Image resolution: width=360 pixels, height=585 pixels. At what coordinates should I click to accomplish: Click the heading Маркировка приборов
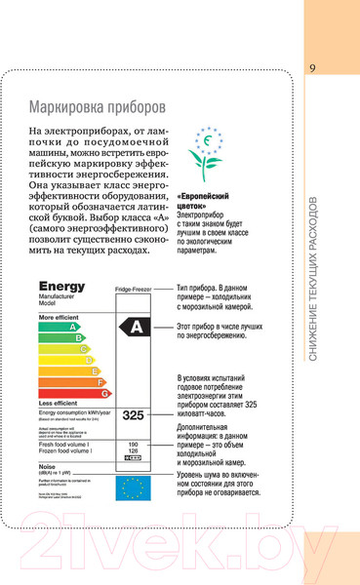click(x=97, y=105)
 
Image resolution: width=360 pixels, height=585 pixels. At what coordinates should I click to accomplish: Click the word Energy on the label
click(x=62, y=287)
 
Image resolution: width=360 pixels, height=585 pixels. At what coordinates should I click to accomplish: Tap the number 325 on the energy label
click(x=133, y=415)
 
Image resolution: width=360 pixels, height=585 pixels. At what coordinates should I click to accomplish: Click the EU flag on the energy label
click(x=134, y=487)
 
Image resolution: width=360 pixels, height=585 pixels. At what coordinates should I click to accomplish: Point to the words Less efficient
click(x=58, y=403)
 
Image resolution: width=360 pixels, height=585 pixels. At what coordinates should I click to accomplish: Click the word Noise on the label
click(x=49, y=467)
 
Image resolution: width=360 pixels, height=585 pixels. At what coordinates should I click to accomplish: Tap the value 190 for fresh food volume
click(x=134, y=444)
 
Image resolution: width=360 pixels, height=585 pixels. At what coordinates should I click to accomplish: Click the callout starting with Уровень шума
click(x=219, y=483)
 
